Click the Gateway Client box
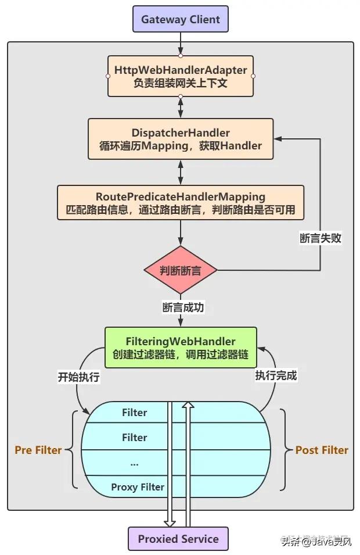181,19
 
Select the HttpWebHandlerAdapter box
181,76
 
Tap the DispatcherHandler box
181,139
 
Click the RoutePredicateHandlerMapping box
181,203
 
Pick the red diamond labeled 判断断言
181,270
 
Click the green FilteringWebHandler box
181,347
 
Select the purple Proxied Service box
178,539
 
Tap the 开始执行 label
78,377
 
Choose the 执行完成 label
276,375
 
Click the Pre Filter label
38,450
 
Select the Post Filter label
322,450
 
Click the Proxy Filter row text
138,487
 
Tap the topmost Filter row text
135,413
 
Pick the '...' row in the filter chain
135,463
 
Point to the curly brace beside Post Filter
284,449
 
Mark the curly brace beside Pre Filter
73,449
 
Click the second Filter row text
135,438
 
